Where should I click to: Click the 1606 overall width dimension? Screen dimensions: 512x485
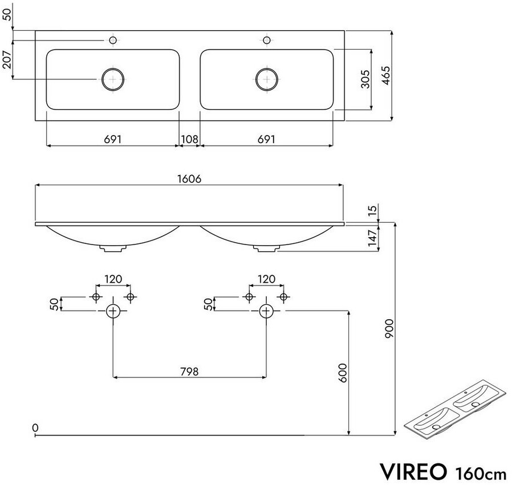189,179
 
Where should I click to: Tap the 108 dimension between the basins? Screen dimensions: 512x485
190,140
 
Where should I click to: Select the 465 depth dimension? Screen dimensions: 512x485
386,76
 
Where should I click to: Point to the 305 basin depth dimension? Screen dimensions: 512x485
365,79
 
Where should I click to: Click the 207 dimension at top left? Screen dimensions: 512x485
7,59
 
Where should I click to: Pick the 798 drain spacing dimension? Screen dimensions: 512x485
189,372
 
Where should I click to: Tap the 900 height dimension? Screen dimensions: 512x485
389,329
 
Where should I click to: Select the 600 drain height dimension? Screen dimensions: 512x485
343,373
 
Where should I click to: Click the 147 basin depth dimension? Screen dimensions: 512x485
372,238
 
